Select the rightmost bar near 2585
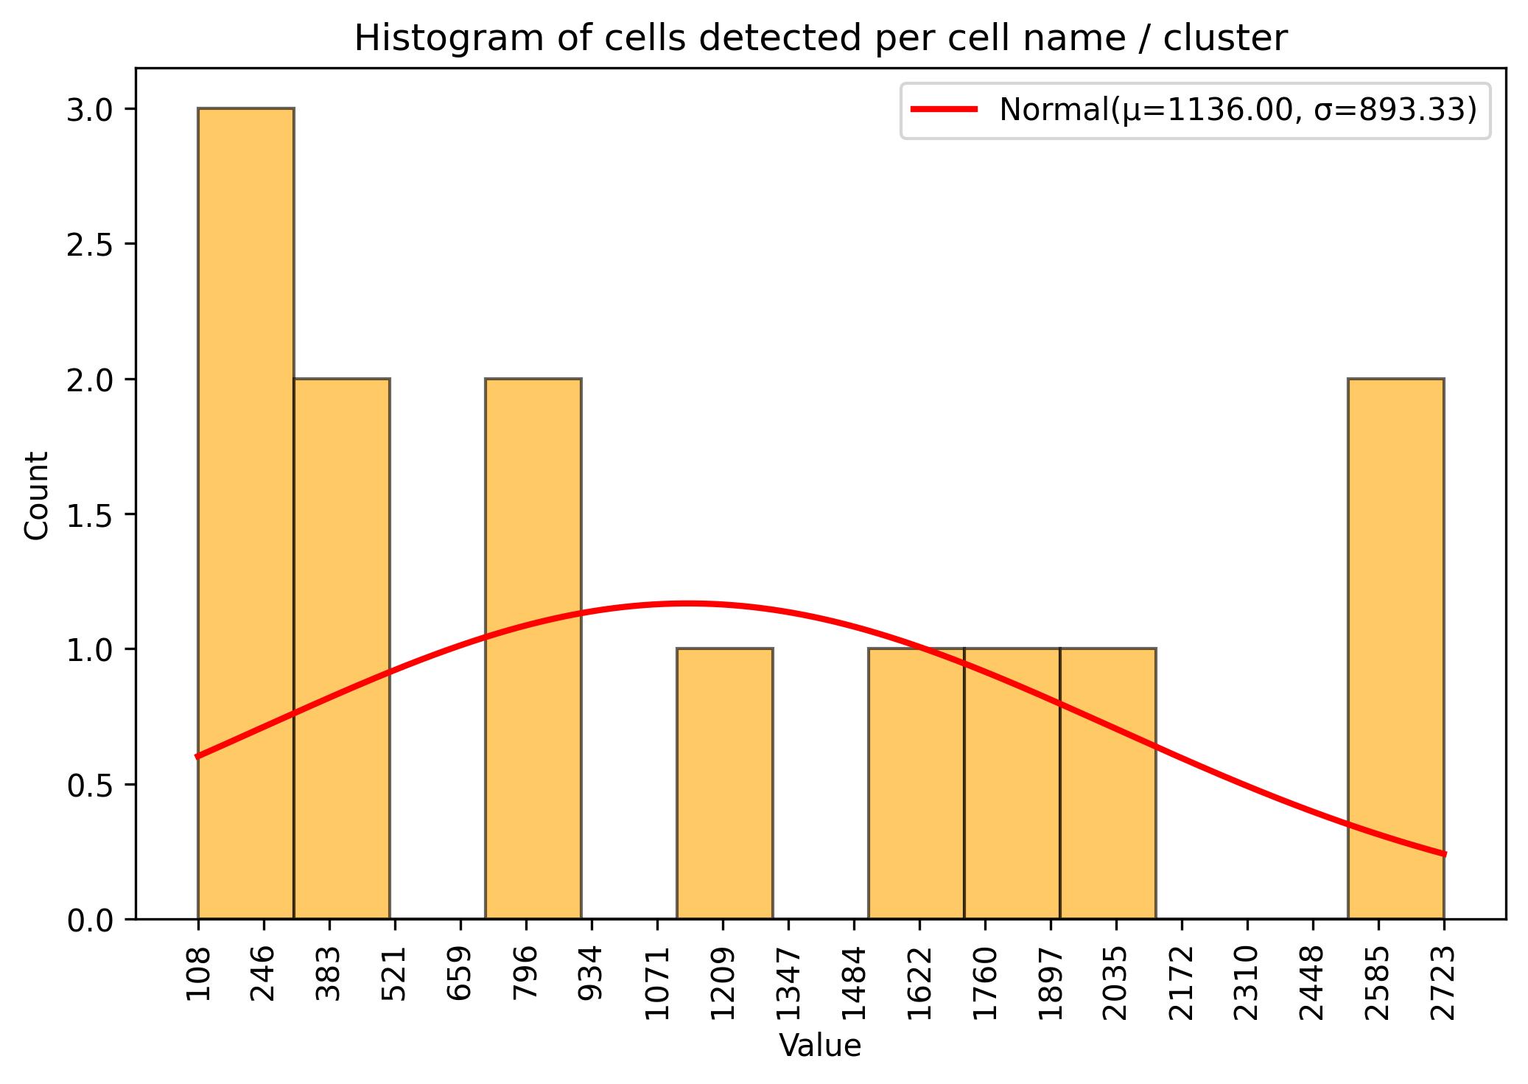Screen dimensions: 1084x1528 tap(1395, 648)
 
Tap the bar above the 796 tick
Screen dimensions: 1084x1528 tap(533, 648)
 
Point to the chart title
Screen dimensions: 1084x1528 tap(820, 39)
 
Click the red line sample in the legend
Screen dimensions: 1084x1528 tap(945, 110)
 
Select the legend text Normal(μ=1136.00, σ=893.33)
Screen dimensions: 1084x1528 tap(1238, 110)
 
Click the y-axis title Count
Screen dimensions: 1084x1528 tap(37, 495)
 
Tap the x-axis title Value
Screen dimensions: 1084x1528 tap(820, 1046)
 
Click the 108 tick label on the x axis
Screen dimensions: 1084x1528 tap(199, 974)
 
